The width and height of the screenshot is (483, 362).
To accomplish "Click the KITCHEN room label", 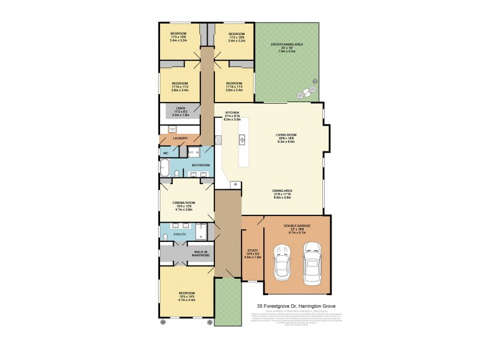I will pos(233,113).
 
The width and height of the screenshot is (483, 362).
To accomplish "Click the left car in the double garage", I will pos(282,263).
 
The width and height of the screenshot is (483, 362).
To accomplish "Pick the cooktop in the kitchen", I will pos(219,141).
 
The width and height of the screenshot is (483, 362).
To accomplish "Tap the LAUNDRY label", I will pos(181,138).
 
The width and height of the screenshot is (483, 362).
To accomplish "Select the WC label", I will pos(165,153).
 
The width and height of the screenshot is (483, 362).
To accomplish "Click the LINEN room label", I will pos(180,109).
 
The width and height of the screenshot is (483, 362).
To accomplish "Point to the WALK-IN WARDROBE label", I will pos(200,253).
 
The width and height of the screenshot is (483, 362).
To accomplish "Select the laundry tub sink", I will pos(172,129).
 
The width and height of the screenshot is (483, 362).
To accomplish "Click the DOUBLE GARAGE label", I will pos(298,228).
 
